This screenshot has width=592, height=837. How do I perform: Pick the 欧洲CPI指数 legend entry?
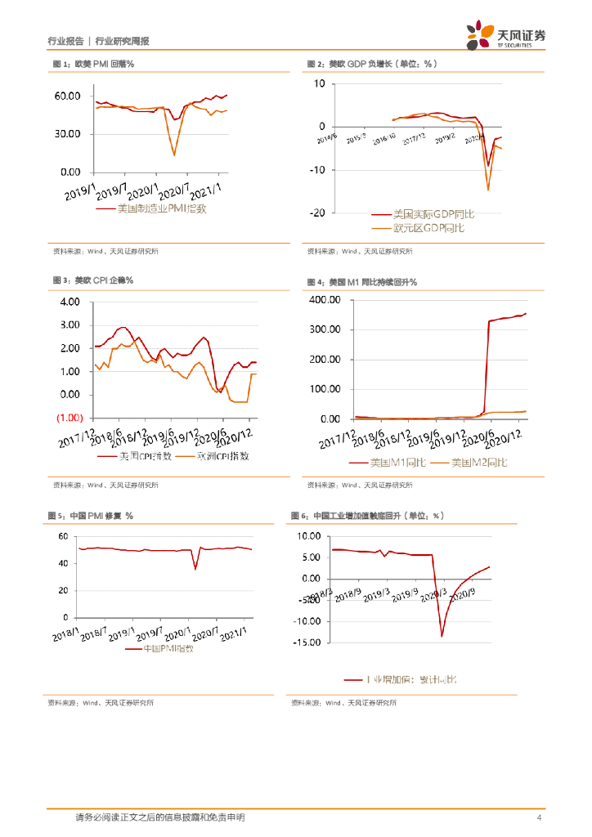(x=213, y=456)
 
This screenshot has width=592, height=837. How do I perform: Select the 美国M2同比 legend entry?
(x=478, y=463)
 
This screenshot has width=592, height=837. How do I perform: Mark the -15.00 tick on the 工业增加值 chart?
(x=305, y=642)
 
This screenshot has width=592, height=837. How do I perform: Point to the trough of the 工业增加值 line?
(x=442, y=637)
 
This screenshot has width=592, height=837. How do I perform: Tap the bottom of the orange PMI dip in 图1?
(x=174, y=154)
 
